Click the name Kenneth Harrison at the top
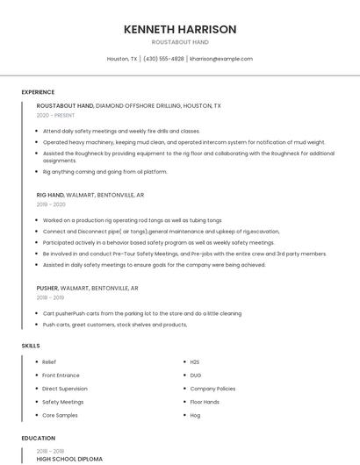[x=180, y=29]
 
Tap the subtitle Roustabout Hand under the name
[x=180, y=42]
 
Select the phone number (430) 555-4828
[x=163, y=59]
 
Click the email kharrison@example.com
[x=221, y=59]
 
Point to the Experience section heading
[x=38, y=92]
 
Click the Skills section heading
[x=31, y=346]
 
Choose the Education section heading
[x=38, y=438]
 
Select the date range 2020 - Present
[x=55, y=115]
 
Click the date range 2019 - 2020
[x=52, y=204]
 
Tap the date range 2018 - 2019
[x=52, y=297]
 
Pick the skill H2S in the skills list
[x=196, y=361]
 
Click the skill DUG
[x=196, y=375]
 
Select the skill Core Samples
[x=60, y=415]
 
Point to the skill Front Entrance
[x=61, y=375]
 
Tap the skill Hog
[x=195, y=415]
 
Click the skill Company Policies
[x=212, y=388]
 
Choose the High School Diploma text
[x=69, y=459]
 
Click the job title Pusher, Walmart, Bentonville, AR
[x=87, y=288]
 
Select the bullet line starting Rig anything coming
[x=104, y=172]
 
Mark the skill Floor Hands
[x=205, y=402]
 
